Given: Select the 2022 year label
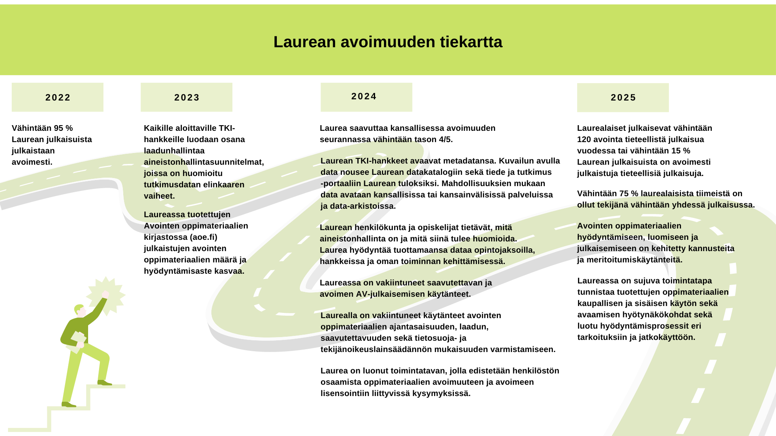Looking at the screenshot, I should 58,98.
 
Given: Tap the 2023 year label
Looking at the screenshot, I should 187,98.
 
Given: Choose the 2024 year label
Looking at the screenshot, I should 364,96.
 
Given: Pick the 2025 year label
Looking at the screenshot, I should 623,98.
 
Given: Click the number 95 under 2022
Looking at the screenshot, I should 59,128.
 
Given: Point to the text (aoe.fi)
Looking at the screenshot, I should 204,237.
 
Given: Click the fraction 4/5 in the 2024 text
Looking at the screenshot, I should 445,140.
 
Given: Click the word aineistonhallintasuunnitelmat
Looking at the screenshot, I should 204,162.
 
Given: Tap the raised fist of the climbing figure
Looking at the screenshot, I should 105,294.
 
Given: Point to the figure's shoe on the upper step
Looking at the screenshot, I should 104,382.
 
